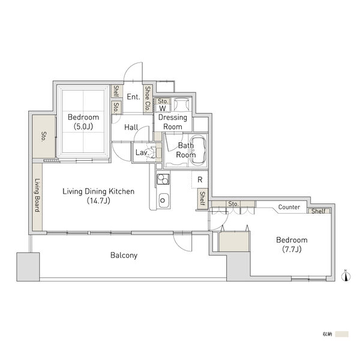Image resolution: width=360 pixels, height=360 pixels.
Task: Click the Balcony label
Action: click(x=124, y=256)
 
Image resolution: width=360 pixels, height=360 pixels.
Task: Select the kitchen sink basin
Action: click(x=163, y=200)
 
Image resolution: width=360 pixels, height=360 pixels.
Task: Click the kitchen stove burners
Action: click(x=163, y=179)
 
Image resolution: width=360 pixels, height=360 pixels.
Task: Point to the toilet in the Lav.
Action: click(x=152, y=152)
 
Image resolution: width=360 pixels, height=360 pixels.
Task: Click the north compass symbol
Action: click(x=346, y=276)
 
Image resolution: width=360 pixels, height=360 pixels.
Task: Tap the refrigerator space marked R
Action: click(x=200, y=179)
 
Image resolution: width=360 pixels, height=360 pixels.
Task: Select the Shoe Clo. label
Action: click(x=148, y=98)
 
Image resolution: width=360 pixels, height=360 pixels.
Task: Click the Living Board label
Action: click(x=37, y=195)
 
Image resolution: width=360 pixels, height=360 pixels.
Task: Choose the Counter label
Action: click(x=289, y=207)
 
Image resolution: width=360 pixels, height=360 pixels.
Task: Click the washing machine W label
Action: click(x=163, y=108)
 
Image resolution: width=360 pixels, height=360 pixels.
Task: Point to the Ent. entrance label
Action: click(x=133, y=97)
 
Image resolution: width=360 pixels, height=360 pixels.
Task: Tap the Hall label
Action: click(x=131, y=127)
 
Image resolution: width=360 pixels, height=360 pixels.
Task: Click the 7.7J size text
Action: click(x=292, y=250)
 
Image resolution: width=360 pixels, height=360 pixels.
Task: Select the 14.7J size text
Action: click(x=98, y=201)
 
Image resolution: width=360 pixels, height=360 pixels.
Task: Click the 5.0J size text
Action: click(x=83, y=127)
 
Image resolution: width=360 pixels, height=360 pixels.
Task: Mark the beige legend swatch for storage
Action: click(x=341, y=334)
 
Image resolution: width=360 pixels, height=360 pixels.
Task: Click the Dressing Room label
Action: click(x=173, y=122)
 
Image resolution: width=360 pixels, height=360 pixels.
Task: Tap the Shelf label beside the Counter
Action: click(x=318, y=211)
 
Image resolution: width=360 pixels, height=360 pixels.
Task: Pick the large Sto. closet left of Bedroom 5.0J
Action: click(x=44, y=136)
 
